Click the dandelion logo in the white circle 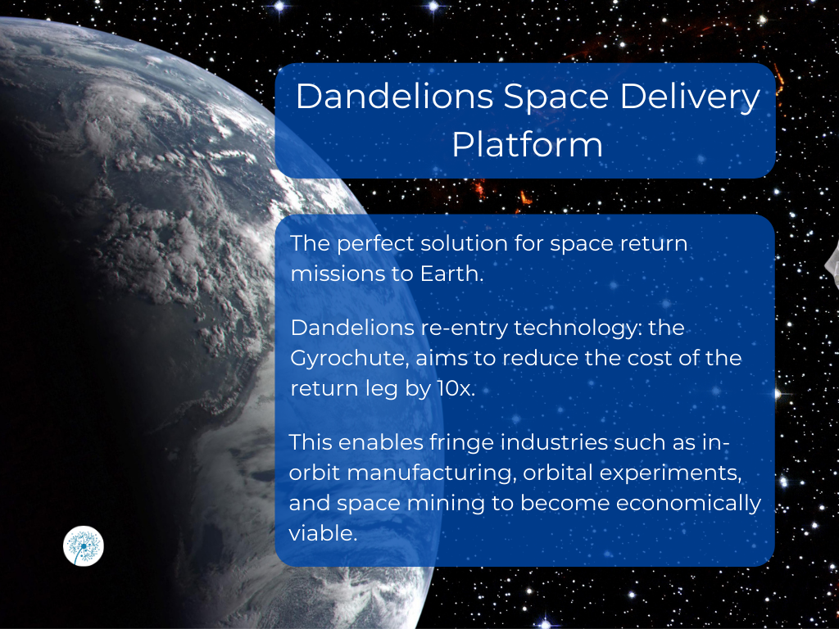tap(84, 545)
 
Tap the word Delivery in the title tap(690, 97)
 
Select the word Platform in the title tap(527, 144)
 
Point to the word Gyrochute tap(349, 359)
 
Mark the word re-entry tap(464, 328)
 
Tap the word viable tap(323, 533)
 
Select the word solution tap(464, 244)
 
